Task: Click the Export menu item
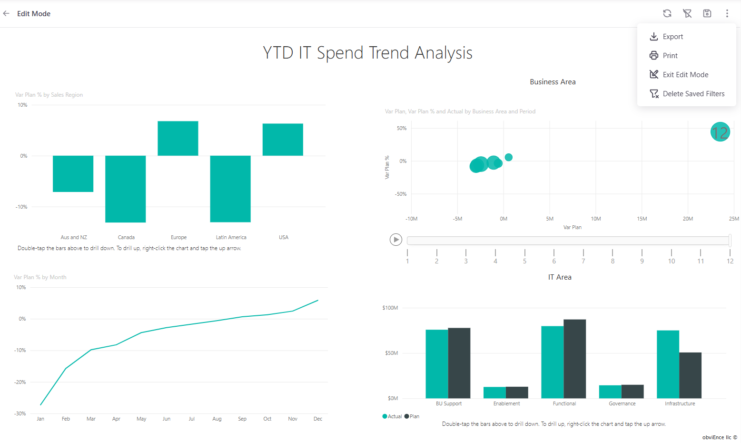tap(672, 37)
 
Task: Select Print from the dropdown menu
tap(670, 56)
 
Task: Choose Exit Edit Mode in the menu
tap(685, 75)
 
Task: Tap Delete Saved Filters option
tap(693, 94)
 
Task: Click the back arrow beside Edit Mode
tap(6, 14)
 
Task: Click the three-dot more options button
tap(727, 13)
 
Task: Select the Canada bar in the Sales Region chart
tap(126, 189)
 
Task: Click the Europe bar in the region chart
tap(178, 138)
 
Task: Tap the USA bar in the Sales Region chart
tap(283, 140)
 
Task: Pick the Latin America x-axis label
tap(231, 237)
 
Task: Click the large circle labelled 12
tap(720, 132)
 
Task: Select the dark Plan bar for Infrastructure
tap(690, 375)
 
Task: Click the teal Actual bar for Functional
tap(552, 362)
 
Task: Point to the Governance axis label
tap(622, 403)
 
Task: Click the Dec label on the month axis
tap(318, 419)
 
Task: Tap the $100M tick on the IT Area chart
tap(390, 308)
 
